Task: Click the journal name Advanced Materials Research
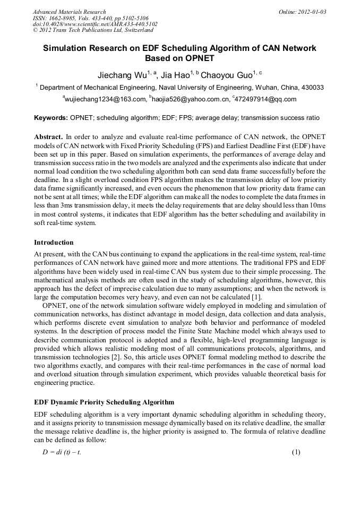pos(69,12)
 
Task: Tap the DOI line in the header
pos(95,24)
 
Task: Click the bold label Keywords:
pos(51,117)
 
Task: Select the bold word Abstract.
pos(48,136)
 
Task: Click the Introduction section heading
pos(54,243)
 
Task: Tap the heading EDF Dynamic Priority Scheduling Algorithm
pos(104,402)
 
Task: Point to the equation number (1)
pos(296,452)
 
